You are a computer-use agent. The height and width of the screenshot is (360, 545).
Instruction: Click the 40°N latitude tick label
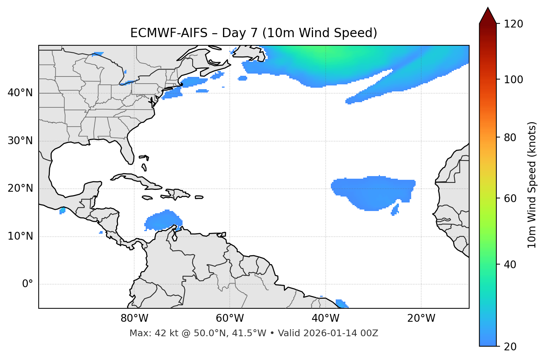pos(20,93)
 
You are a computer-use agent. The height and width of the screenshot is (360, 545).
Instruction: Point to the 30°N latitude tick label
pos(20,141)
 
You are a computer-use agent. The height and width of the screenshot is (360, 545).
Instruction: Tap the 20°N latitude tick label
pos(20,189)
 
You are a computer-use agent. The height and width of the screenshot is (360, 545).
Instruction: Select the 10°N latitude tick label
pos(20,236)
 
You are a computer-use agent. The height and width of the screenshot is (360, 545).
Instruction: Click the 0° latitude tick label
pos(28,284)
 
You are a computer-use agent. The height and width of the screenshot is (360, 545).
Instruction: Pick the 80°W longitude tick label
pos(134,318)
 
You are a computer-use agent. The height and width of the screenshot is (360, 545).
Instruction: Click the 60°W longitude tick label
pos(230,318)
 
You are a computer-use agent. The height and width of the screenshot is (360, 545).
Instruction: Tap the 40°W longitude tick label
pos(326,318)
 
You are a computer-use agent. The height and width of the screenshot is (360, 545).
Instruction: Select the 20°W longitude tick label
pos(421,318)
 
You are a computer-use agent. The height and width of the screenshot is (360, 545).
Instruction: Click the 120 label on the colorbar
pos(513,24)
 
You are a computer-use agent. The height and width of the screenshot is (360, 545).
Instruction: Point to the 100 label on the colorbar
pos(513,80)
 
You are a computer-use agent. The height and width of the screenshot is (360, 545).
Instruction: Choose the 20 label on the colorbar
pos(510,347)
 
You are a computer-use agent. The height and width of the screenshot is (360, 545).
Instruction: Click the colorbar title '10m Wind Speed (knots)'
pos(532,185)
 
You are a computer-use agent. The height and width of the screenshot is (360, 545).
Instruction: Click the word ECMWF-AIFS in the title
pos(168,33)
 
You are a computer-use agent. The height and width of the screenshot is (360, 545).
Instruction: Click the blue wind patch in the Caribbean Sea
pos(162,221)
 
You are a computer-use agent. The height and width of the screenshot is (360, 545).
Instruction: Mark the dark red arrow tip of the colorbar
pos(488,15)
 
